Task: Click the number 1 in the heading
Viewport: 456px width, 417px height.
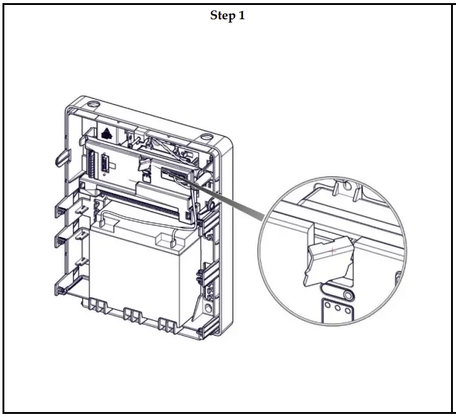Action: point(242,16)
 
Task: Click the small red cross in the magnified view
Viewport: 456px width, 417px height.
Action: point(333,250)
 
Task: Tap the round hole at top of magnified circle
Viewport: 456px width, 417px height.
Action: point(346,186)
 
